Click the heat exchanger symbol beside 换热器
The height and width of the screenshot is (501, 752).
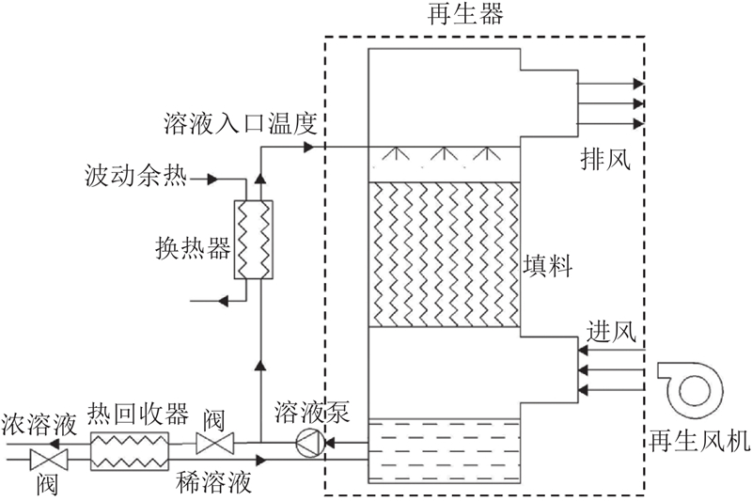point(252,239)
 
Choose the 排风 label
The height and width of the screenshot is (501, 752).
point(603,161)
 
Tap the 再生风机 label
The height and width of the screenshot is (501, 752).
point(699,441)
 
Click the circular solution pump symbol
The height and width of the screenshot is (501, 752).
point(308,442)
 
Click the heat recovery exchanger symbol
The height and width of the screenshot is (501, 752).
point(129,451)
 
